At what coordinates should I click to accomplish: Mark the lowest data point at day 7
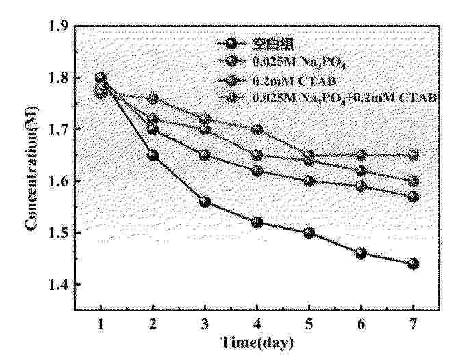[412, 264]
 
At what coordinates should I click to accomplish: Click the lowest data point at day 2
[152, 155]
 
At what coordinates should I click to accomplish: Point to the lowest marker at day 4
[256, 222]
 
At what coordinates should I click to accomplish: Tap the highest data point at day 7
[412, 155]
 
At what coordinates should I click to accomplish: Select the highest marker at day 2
[152, 99]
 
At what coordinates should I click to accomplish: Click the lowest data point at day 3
[204, 202]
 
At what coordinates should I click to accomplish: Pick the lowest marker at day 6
[360, 253]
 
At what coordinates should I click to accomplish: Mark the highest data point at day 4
[256, 129]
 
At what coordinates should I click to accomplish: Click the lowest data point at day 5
[308, 232]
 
